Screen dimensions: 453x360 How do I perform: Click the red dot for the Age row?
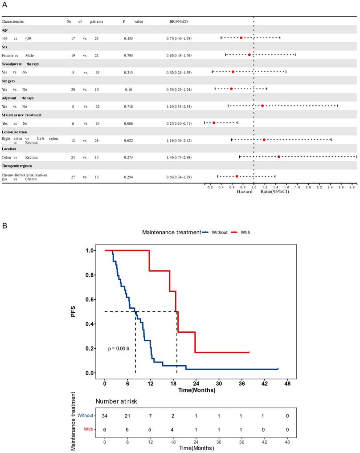point(241,38)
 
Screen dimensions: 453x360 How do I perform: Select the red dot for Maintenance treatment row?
point(214,122)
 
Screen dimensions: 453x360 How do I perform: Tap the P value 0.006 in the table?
point(128,123)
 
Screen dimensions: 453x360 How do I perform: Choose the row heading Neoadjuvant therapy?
point(20,64)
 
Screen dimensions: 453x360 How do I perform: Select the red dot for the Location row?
point(279,157)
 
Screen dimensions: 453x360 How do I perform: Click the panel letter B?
point(5,226)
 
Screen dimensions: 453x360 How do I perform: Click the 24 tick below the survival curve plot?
point(195,383)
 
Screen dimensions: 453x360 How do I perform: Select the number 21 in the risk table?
point(127,416)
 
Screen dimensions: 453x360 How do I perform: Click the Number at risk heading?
point(116,401)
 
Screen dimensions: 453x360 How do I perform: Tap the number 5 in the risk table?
point(150,429)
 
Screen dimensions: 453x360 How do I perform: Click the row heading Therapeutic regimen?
point(20,166)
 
